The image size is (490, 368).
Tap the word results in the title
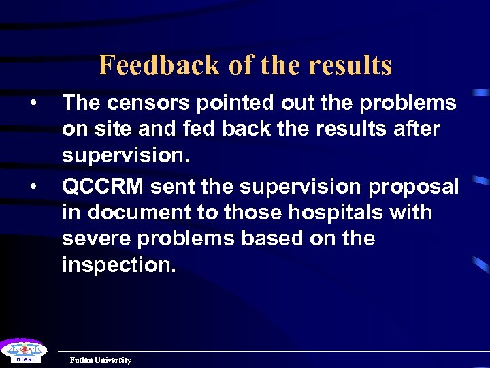point(350,65)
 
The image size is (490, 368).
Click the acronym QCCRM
point(102,186)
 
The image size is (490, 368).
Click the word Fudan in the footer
point(82,360)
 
